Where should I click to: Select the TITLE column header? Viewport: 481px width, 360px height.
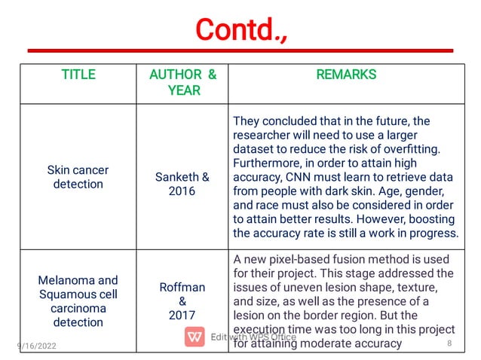(x=78, y=75)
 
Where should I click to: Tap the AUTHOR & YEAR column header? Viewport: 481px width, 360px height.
(x=183, y=82)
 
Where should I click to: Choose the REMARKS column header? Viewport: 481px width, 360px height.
(x=346, y=75)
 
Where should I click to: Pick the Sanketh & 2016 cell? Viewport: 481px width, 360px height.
(x=182, y=184)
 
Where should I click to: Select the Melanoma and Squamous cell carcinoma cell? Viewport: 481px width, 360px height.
(x=78, y=301)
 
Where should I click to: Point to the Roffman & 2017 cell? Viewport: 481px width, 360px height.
(x=182, y=301)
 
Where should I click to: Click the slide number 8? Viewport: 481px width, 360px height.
(x=449, y=344)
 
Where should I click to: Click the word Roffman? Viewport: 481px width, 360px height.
(x=182, y=287)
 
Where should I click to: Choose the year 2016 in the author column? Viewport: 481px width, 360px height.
(x=182, y=191)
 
